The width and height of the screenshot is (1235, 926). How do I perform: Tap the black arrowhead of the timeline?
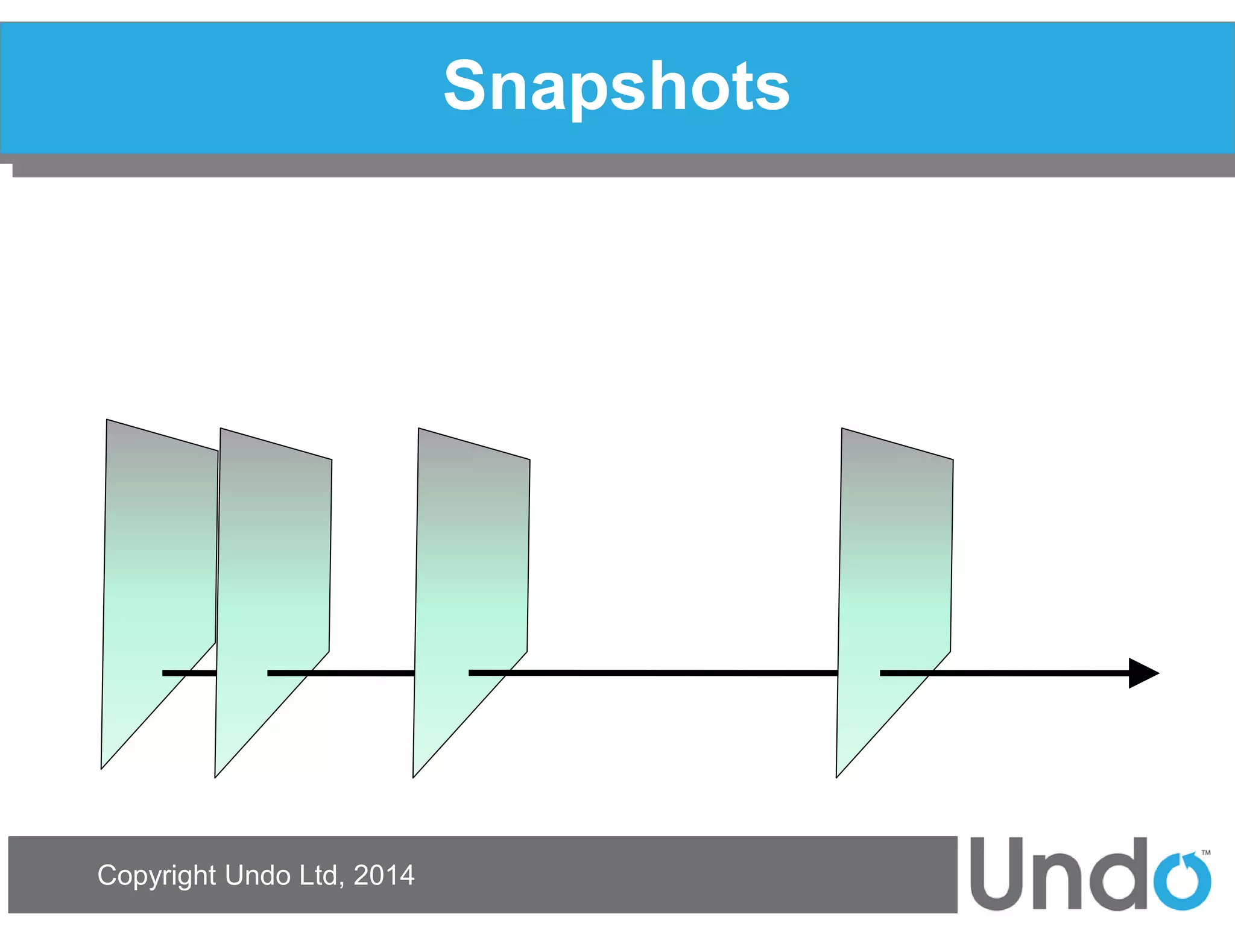click(1142, 673)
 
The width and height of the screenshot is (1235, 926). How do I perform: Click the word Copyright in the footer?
click(156, 875)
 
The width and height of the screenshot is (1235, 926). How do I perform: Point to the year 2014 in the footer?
click(384, 875)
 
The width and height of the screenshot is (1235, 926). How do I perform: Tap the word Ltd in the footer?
click(321, 875)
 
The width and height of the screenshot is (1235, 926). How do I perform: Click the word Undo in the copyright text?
click(257, 875)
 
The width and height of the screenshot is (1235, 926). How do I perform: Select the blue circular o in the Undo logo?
click(1182, 881)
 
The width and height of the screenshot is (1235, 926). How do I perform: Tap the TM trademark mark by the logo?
click(1206, 852)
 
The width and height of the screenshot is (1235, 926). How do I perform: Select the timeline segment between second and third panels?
click(362, 673)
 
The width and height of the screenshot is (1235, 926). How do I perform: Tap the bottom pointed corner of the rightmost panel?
click(838, 775)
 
